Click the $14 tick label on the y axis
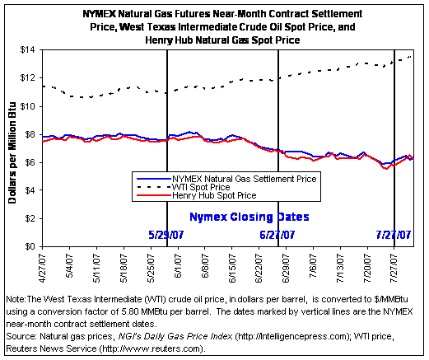click(x=27, y=50)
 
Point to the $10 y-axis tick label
click(x=27, y=106)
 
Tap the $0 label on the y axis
click(x=30, y=246)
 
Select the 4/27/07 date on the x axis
click(x=43, y=269)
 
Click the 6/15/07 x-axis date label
click(x=232, y=269)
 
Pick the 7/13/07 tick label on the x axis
click(x=340, y=269)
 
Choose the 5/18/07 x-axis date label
click(x=124, y=269)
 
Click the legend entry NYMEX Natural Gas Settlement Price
click(x=245, y=179)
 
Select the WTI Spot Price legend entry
click(x=201, y=187)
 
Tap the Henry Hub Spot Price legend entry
click(x=214, y=195)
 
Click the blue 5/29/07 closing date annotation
click(x=166, y=235)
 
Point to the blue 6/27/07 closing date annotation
click(x=277, y=235)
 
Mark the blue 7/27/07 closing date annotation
click(x=394, y=235)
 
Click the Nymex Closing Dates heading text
click(x=249, y=217)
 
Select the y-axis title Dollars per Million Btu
click(x=12, y=152)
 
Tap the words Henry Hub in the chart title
click(x=169, y=40)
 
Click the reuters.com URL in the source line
click(x=152, y=348)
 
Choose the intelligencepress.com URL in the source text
click(x=291, y=336)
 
